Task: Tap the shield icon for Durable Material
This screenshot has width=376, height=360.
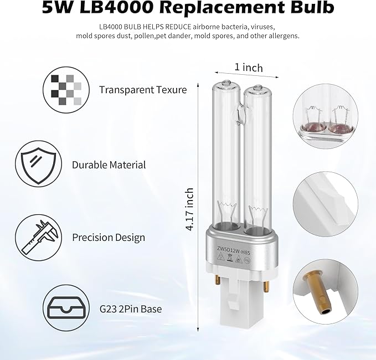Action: tap(37, 164)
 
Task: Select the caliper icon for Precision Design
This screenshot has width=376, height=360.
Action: tap(37, 236)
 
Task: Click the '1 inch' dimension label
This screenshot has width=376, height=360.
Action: tap(249, 68)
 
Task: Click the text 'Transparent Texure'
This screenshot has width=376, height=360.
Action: tap(143, 90)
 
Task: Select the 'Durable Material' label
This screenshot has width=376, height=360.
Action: tap(109, 164)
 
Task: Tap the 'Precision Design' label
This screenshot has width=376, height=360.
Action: tap(109, 238)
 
